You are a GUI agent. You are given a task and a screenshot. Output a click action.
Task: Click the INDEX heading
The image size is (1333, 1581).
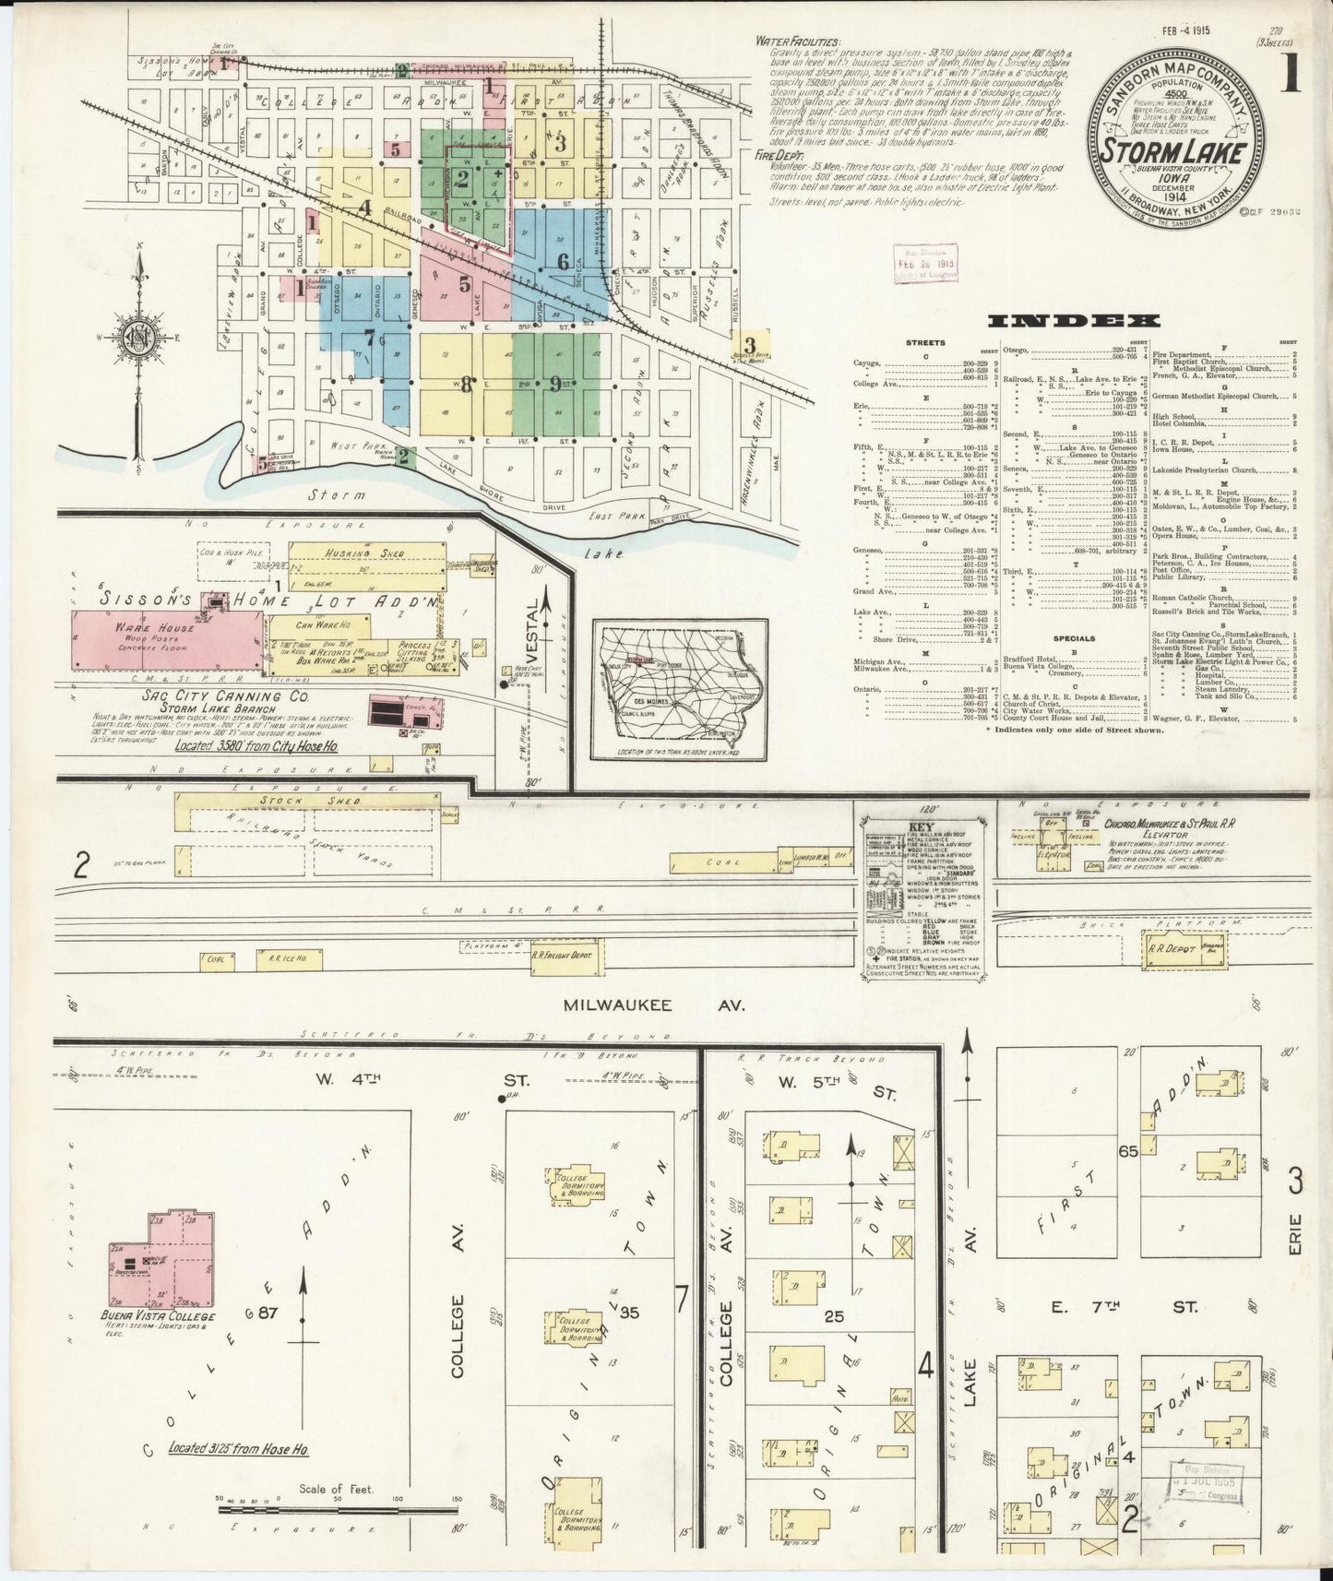pos(1073,321)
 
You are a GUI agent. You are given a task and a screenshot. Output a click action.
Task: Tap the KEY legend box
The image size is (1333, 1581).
pos(922,894)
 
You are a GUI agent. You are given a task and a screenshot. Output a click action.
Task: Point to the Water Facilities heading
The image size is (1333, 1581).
pos(797,42)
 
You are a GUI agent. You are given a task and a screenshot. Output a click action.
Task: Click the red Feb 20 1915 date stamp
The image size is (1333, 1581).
pos(925,263)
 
